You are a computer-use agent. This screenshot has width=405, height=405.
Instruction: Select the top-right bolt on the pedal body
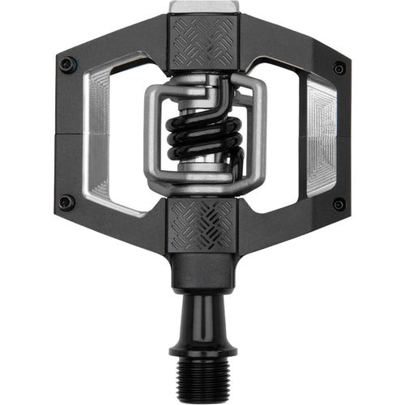coord(339,69)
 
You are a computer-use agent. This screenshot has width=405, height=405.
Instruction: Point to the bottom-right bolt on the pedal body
coord(339,203)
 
